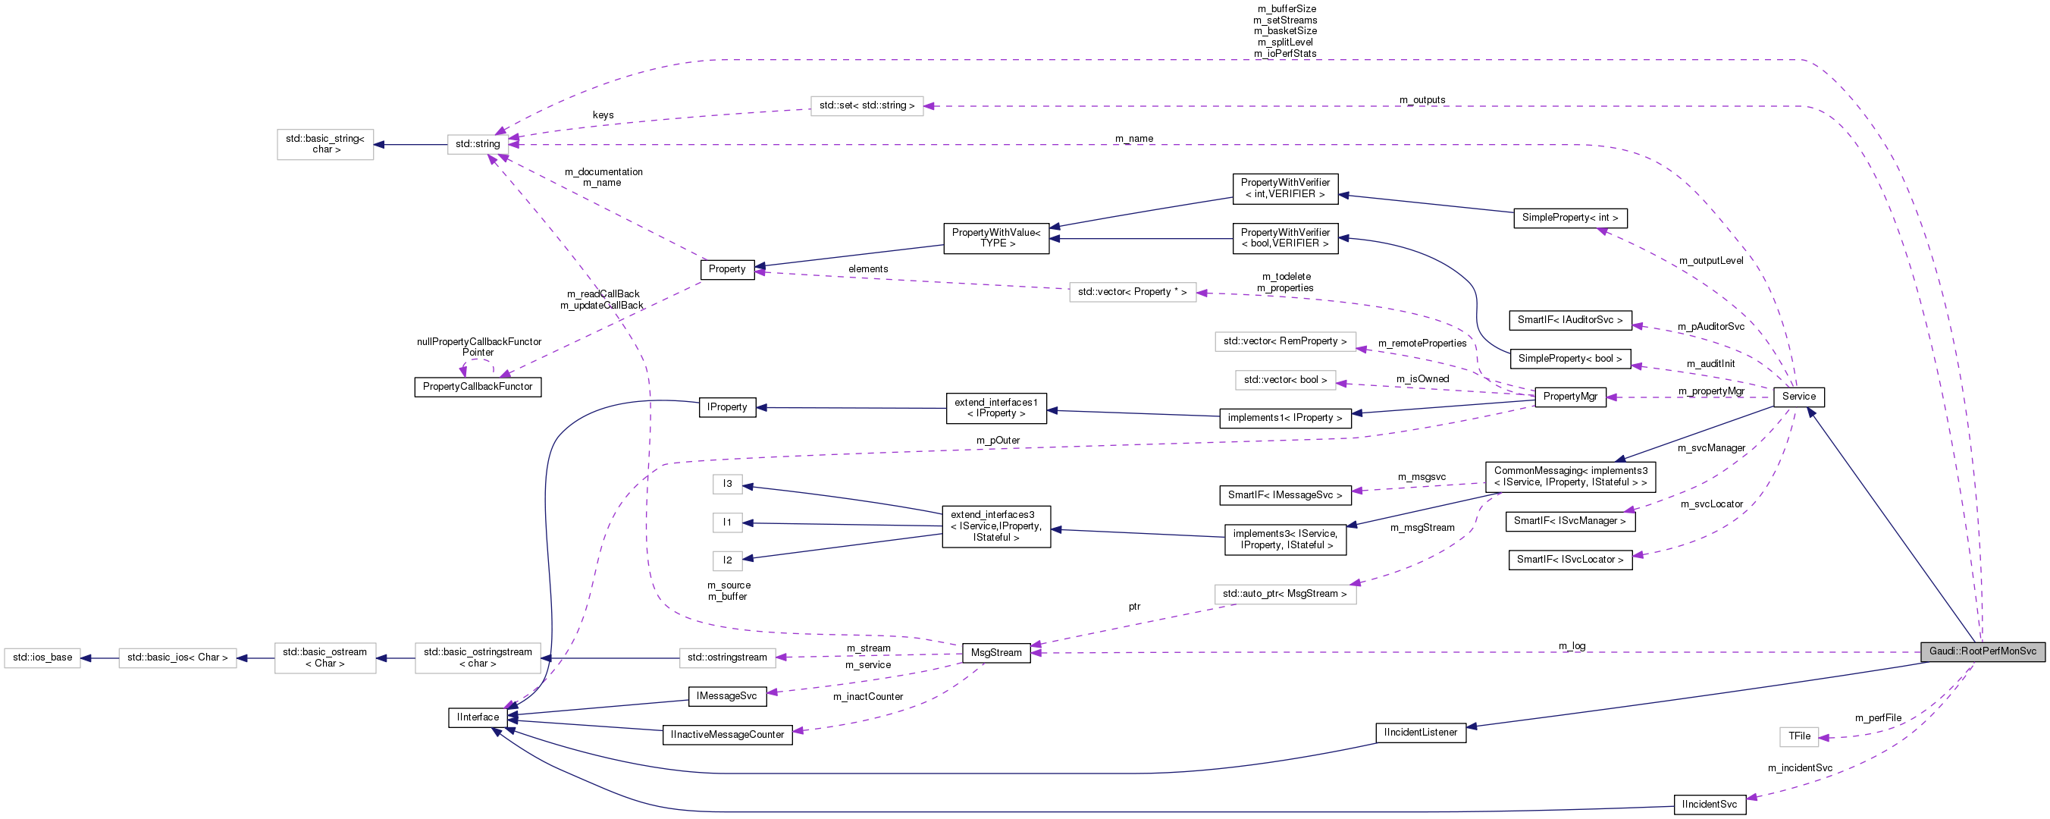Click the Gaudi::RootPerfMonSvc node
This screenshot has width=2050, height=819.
[x=1982, y=651]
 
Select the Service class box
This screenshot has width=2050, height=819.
[x=1798, y=397]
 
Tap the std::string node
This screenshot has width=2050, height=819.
[x=478, y=144]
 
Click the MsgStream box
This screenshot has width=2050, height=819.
[x=995, y=653]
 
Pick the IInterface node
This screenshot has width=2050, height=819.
[x=478, y=717]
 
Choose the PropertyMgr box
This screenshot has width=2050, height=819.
[x=1569, y=397]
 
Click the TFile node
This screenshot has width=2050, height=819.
[x=1798, y=736]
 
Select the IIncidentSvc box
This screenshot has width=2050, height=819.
[x=1710, y=804]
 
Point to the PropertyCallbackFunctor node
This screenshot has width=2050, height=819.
[x=478, y=387]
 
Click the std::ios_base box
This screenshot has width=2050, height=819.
[x=42, y=657]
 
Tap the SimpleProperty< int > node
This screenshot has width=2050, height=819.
[x=1569, y=218]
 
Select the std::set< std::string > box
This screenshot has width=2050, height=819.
[x=867, y=105]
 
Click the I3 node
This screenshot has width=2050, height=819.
[x=726, y=484]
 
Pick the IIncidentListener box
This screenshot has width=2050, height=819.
[x=1421, y=733]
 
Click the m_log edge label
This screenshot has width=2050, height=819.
[x=1572, y=645]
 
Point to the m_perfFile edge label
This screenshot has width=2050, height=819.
[x=1878, y=718]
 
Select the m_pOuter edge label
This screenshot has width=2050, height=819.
[x=998, y=440]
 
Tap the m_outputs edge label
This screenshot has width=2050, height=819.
[x=1422, y=100]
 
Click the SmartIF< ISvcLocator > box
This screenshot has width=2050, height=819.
[x=1569, y=560]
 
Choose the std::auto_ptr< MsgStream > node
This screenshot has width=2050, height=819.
[x=1284, y=594]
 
